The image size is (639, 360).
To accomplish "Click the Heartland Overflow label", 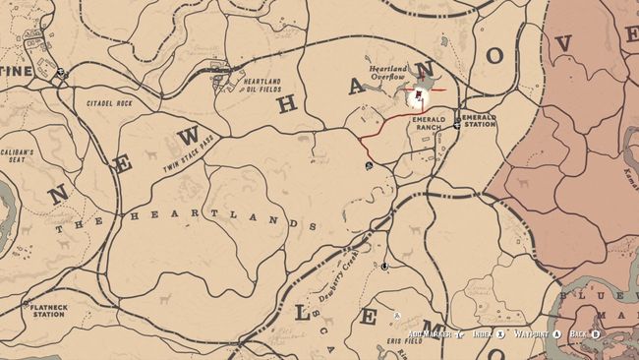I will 388,76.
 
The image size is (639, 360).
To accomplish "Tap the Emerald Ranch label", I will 430,124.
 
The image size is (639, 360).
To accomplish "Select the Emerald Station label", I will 479,121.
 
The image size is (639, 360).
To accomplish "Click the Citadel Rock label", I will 110,102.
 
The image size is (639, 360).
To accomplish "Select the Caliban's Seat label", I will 17,157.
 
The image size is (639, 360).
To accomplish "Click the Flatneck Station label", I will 47,311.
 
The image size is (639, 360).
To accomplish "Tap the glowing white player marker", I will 419,95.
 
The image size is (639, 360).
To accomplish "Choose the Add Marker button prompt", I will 435,334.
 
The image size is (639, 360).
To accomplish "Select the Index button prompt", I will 488,334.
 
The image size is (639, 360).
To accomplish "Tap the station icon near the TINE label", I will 60,72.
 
